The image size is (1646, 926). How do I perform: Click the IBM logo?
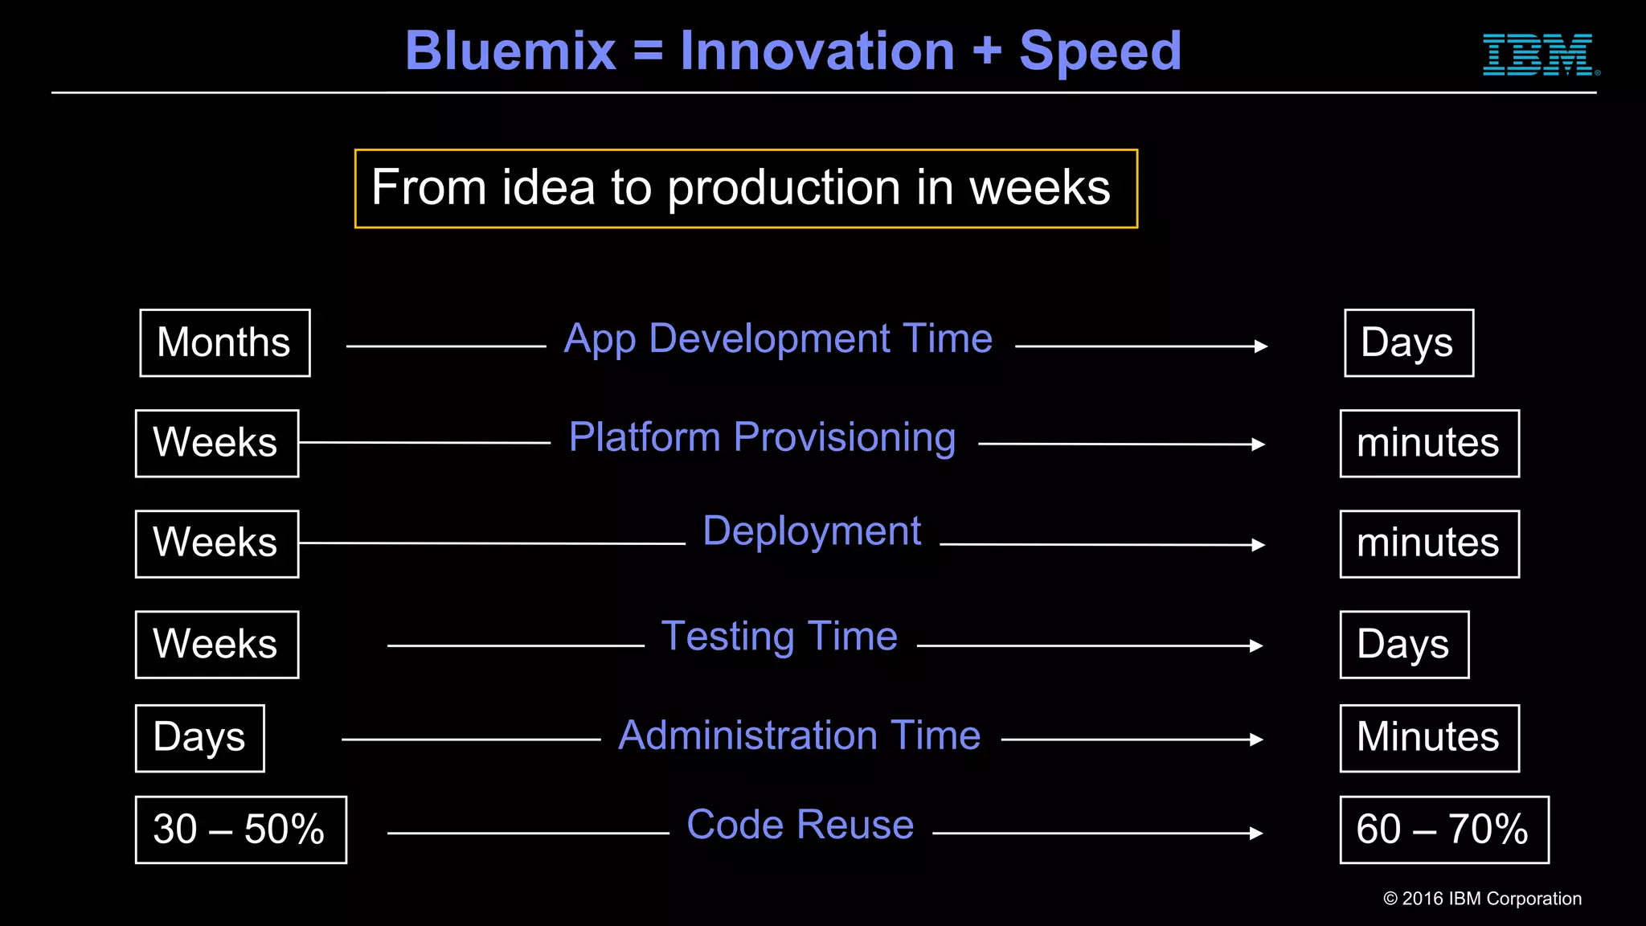pyautogui.click(x=1539, y=55)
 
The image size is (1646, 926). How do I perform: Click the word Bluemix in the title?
pyautogui.click(x=510, y=51)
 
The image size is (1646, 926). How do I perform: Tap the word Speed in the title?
pyautogui.click(x=1099, y=51)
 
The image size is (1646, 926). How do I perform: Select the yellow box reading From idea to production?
pyautogui.click(x=746, y=189)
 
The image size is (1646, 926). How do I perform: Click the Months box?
pyautogui.click(x=225, y=343)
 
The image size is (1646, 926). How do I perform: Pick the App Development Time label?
pyautogui.click(x=778, y=338)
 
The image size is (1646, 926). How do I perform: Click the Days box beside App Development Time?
pyautogui.click(x=1409, y=343)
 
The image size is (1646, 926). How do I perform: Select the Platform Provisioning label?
pyautogui.click(x=762, y=438)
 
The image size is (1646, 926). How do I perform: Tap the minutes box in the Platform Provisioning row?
pyautogui.click(x=1429, y=444)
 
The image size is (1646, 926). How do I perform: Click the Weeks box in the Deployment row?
pyautogui.click(x=217, y=544)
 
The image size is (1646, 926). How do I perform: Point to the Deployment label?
pyautogui.click(x=812, y=531)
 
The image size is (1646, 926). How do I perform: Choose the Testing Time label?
pyautogui.click(x=779, y=637)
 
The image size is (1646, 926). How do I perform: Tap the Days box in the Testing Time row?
pyautogui.click(x=1404, y=645)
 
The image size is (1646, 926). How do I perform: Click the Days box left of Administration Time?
pyautogui.click(x=199, y=738)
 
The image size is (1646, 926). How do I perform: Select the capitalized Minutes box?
pyautogui.click(x=1429, y=738)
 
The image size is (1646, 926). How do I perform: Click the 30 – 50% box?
pyautogui.click(x=240, y=830)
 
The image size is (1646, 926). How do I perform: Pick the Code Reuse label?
pyautogui.click(x=800, y=825)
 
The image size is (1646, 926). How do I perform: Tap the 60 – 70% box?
pyautogui.click(x=1443, y=830)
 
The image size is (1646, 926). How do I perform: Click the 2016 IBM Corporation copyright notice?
pyautogui.click(x=1482, y=899)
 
